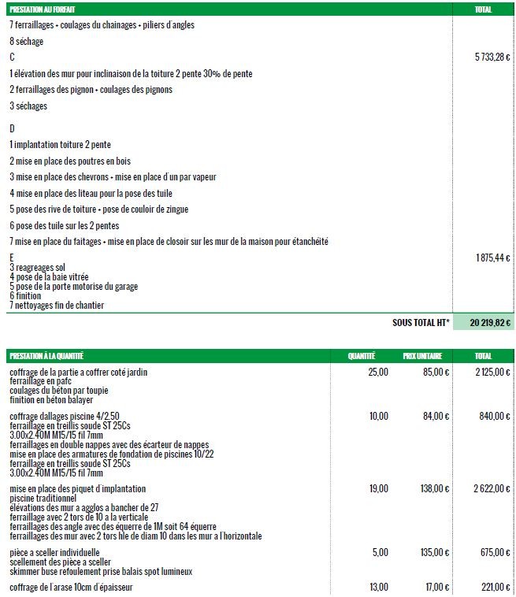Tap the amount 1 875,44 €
coord(493,258)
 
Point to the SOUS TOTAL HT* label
coord(420,322)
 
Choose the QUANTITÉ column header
coord(362,356)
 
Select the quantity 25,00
coord(378,372)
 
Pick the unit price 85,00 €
coord(434,372)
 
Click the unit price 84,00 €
coord(434,416)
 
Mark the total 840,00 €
coord(496,416)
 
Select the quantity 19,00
coord(378,489)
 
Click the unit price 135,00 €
coord(432,553)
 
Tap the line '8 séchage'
coord(27,41)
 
